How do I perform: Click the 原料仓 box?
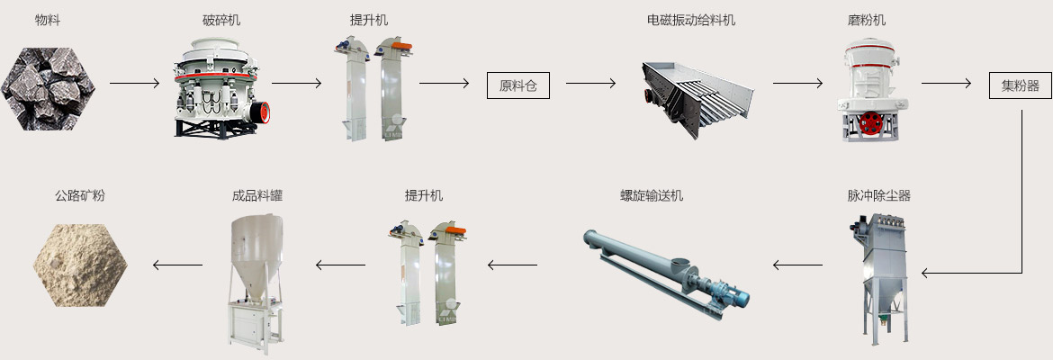tap(517, 85)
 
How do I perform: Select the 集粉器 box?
tap(1020, 85)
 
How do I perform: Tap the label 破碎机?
tap(221, 20)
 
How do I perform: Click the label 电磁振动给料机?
tap(691, 20)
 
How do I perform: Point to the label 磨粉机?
tap(868, 20)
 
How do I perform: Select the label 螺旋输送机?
tap(652, 195)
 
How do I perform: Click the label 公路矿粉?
tap(80, 195)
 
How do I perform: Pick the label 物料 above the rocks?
tap(48, 20)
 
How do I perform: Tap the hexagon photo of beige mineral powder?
tap(80, 264)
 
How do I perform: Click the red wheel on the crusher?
tap(261, 112)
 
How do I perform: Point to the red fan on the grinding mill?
tap(869, 124)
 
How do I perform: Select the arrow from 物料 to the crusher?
tap(135, 84)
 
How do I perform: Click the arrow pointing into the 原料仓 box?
tap(445, 84)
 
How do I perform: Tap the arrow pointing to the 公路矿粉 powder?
tap(177, 265)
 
